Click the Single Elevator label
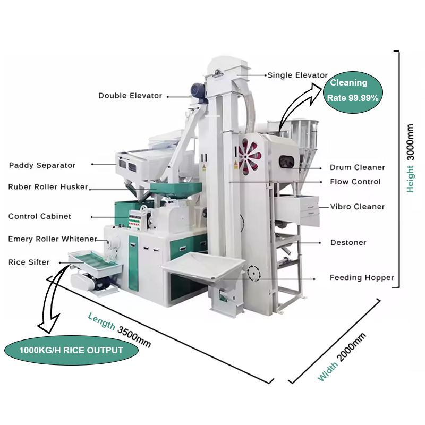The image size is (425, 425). point(297,75)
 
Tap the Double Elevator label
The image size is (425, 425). point(130,96)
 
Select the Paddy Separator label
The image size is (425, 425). point(42,165)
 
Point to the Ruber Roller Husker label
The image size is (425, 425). point(48,187)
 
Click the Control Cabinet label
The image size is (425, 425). point(40,216)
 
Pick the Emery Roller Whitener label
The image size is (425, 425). point(53,239)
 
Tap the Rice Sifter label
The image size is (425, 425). point(29,262)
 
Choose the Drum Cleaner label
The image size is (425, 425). point(357,167)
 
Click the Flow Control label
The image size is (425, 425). point(355,182)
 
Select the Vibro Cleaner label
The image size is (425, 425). point(357,206)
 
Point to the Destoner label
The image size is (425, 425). point(348,242)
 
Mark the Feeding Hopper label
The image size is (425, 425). point(362,277)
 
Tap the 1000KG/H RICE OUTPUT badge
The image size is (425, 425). point(71,350)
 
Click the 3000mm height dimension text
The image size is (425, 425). point(410,142)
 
